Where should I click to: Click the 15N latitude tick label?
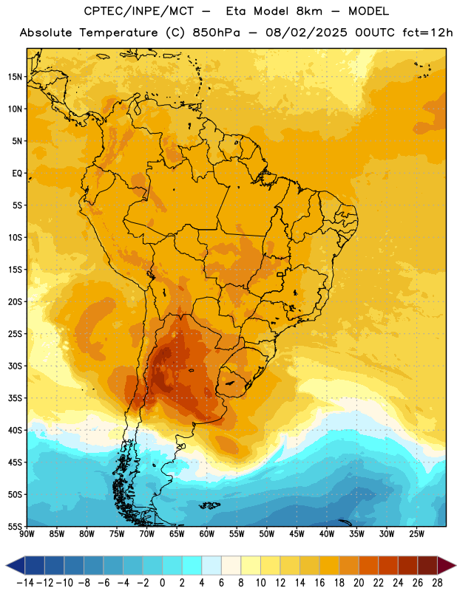tap(15, 77)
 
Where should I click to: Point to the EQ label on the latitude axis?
tap(17, 174)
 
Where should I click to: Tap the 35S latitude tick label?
tap(15, 398)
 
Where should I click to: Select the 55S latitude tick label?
tap(15, 526)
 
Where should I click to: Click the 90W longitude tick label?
tap(27, 534)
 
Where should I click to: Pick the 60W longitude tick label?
tap(207, 534)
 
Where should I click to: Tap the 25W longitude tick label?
tap(416, 534)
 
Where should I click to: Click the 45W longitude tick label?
tap(297, 534)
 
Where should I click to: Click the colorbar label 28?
tap(437, 583)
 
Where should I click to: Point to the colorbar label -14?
tap(25, 583)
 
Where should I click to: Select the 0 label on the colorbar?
tap(162, 583)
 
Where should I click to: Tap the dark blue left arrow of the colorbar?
tap(15, 565)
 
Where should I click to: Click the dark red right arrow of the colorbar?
tap(447, 565)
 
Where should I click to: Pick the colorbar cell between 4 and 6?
tap(211, 565)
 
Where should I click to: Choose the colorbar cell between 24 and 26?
tap(408, 565)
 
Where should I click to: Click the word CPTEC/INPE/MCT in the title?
tap(139, 11)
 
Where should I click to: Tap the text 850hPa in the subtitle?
tap(216, 33)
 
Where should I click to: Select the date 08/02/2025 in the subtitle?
tap(306, 33)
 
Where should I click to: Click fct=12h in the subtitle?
tap(427, 33)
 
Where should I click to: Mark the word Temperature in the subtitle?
tap(118, 33)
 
